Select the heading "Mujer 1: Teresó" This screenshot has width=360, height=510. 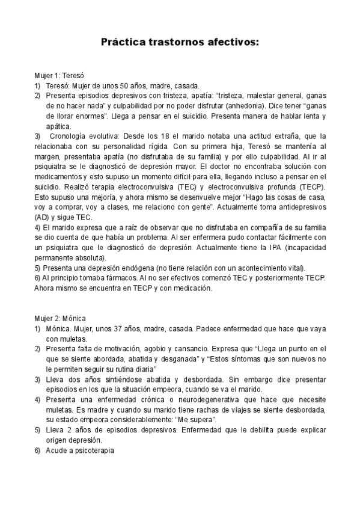[x=58, y=76]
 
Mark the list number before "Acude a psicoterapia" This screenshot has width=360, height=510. [x=37, y=450]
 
